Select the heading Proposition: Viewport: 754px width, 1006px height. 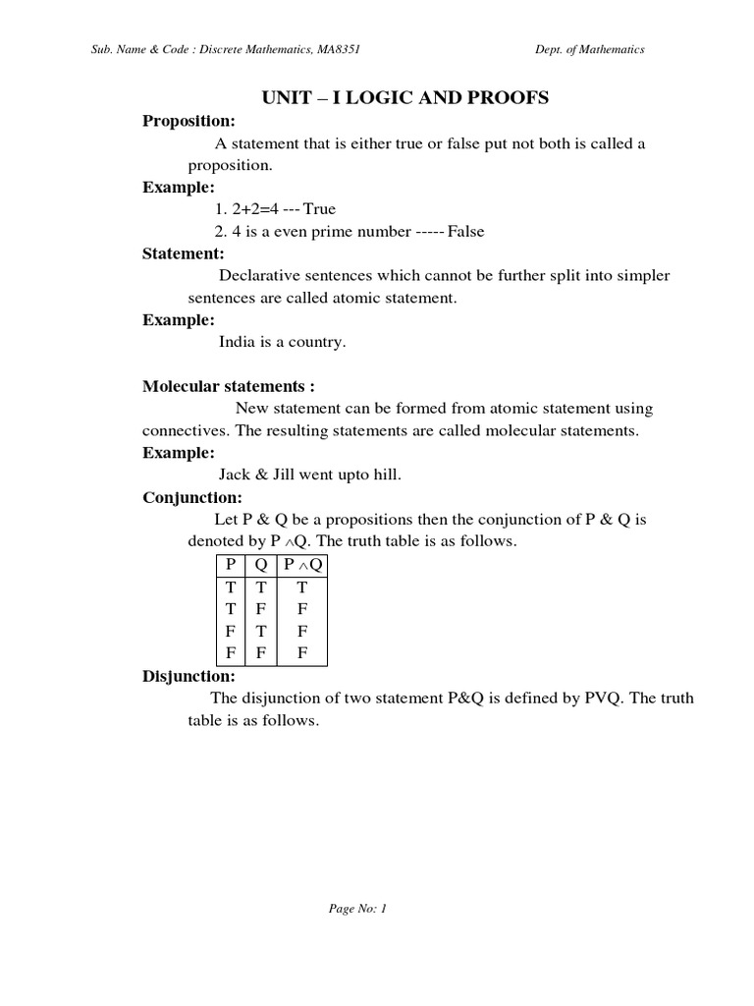(x=189, y=121)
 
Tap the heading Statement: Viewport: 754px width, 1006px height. (x=184, y=253)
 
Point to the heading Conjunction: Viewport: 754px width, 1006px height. (x=192, y=497)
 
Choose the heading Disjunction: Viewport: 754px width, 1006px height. (x=188, y=676)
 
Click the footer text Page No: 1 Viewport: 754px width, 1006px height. (x=358, y=909)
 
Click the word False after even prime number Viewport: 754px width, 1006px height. (x=466, y=232)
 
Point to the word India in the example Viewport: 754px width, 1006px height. (x=237, y=343)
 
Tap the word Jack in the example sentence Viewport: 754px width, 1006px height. (x=236, y=475)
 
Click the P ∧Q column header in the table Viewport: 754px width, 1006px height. (x=302, y=564)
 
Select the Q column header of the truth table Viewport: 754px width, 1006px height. (x=261, y=564)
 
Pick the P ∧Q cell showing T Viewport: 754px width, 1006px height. (x=302, y=586)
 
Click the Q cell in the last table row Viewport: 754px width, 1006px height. (x=261, y=651)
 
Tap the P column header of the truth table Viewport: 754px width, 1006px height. (x=231, y=564)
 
